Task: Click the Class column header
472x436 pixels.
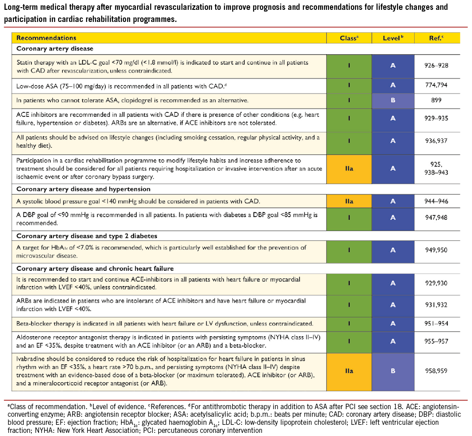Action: pos(349,38)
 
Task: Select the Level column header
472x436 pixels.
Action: pos(393,38)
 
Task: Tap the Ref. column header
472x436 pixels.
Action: pos(436,38)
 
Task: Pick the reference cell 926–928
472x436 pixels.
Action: pos(436,66)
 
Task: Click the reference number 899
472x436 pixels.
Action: pos(436,100)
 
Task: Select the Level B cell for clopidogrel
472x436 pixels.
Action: pos(393,100)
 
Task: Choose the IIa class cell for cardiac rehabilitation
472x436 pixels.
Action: pos(349,168)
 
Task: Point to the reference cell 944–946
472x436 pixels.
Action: pos(436,201)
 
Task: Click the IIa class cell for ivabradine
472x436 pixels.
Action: pos(349,371)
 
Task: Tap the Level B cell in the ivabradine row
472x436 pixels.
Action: pos(393,371)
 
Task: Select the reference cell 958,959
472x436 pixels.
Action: pos(436,371)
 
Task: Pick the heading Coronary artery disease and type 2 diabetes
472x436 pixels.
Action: pos(87,235)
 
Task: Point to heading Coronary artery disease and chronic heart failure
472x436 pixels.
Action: pos(95,269)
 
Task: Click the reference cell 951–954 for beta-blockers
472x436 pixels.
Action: pos(436,323)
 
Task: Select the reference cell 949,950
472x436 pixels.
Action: pos(436,250)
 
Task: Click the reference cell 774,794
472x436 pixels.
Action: pos(436,85)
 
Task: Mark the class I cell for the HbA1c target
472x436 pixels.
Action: pos(349,250)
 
